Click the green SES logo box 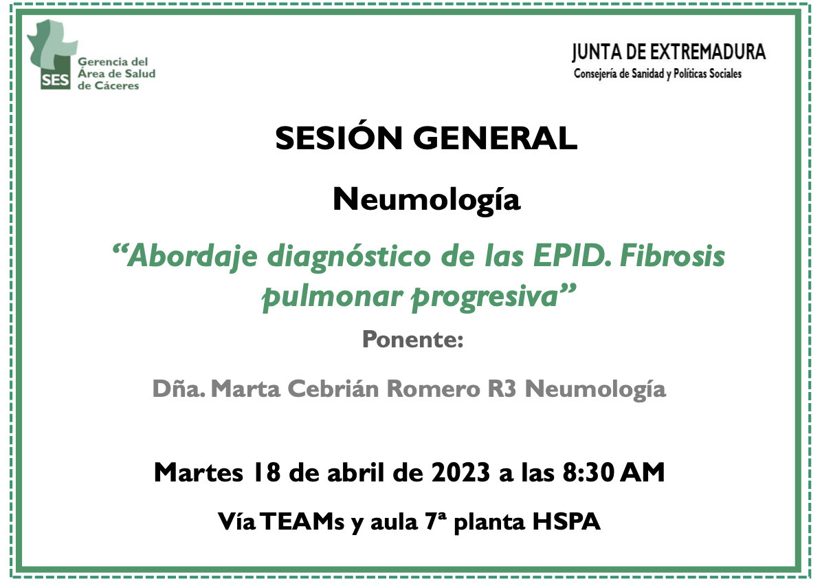pos(55,80)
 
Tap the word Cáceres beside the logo pos(117,85)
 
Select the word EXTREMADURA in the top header pos(708,52)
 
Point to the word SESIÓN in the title pos(339,138)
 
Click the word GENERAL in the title pos(495,138)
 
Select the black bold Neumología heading pos(427,200)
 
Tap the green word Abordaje pos(192,257)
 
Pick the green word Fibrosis pos(672,256)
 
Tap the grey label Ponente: pos(412,340)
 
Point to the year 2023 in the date pos(460,472)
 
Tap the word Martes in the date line pos(199,472)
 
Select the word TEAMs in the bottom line pos(302,521)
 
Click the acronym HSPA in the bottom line pos(566,521)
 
